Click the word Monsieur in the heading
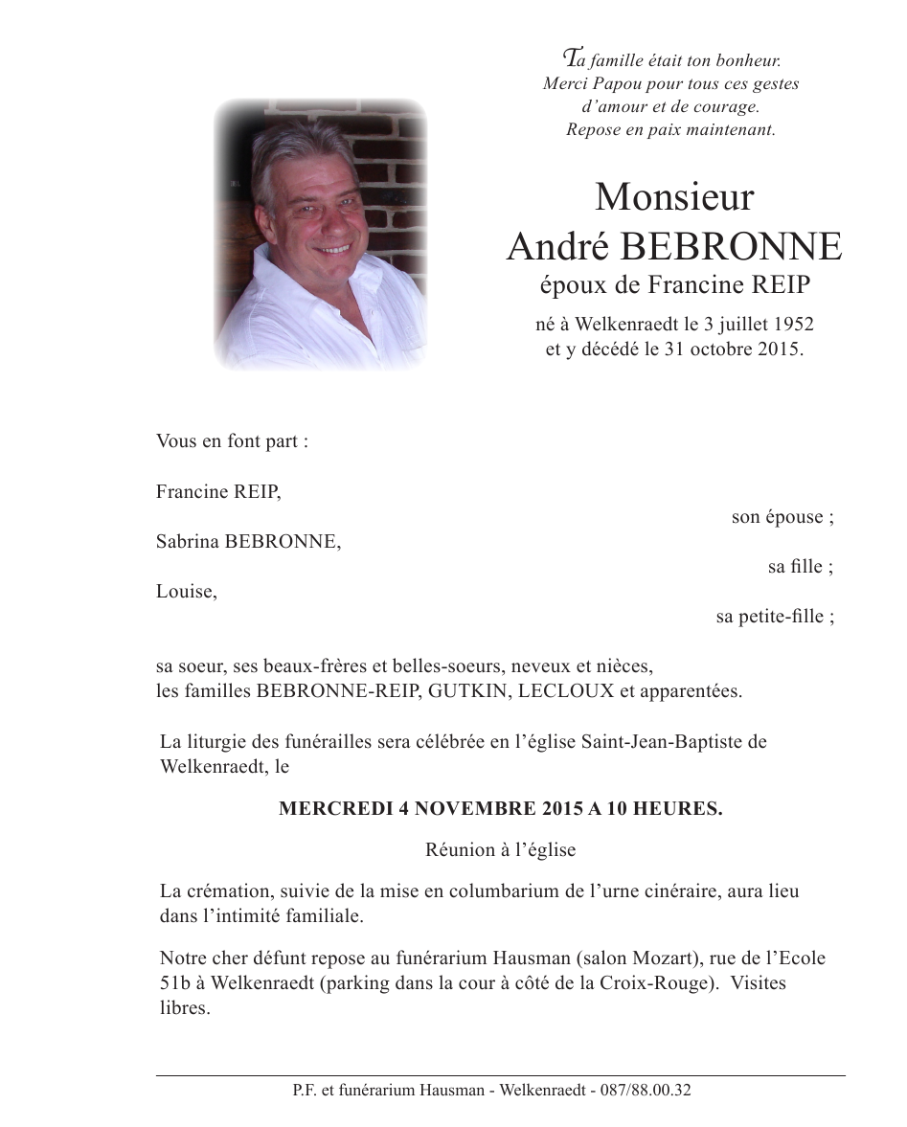point(673,197)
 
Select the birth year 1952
point(793,326)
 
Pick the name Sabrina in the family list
point(187,542)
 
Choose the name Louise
point(185,592)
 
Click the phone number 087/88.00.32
point(646,1091)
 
